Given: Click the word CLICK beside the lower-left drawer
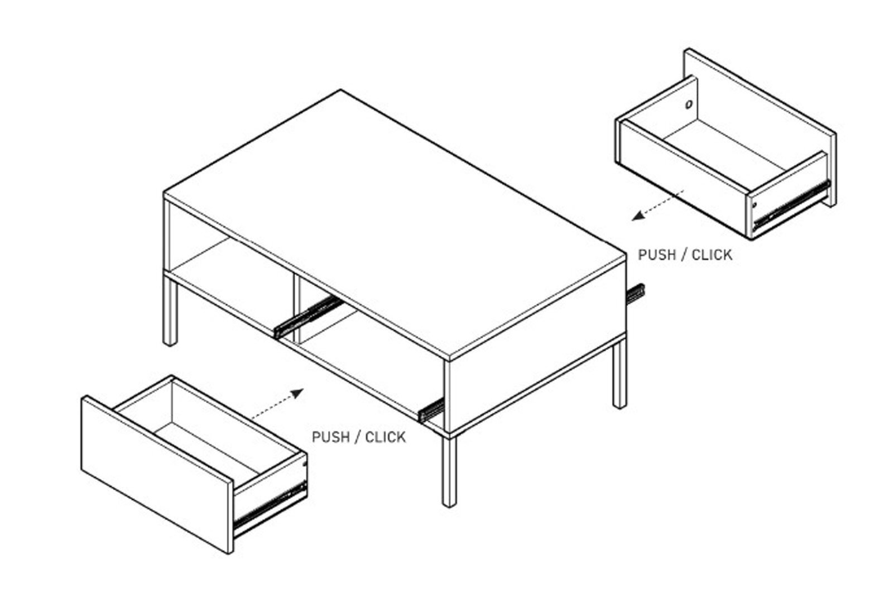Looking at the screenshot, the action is click(x=386, y=437).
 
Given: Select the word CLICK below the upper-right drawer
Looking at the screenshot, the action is click(x=712, y=255).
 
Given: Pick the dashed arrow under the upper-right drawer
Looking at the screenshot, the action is click(x=658, y=205).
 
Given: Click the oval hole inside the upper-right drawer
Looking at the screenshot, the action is click(x=689, y=104).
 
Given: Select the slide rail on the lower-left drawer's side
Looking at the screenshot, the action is click(x=270, y=506).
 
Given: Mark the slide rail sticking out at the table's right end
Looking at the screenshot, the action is click(x=635, y=294).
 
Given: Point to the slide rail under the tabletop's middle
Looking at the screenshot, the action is click(x=309, y=317).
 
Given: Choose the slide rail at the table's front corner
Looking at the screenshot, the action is click(x=431, y=410).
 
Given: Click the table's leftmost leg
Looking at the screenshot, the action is click(x=170, y=311).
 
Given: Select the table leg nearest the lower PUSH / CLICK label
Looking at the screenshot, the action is click(x=449, y=472).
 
